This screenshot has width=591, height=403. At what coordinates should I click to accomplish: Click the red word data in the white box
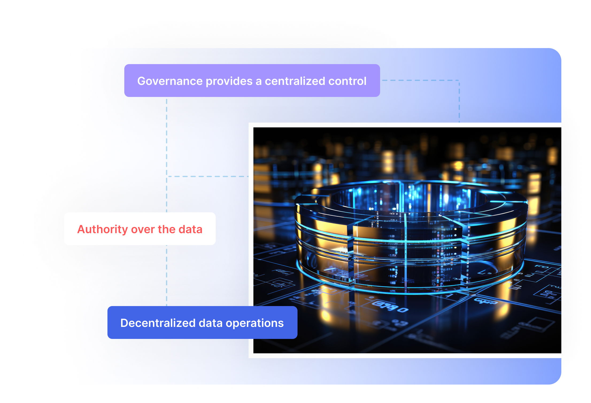[190, 229]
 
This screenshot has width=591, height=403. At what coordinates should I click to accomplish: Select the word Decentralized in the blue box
[158, 323]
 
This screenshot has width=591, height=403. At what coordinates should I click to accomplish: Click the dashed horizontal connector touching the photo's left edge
[208, 177]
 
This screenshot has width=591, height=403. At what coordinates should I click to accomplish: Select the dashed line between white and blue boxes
[167, 275]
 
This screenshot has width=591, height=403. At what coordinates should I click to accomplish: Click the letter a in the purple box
[258, 81]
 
